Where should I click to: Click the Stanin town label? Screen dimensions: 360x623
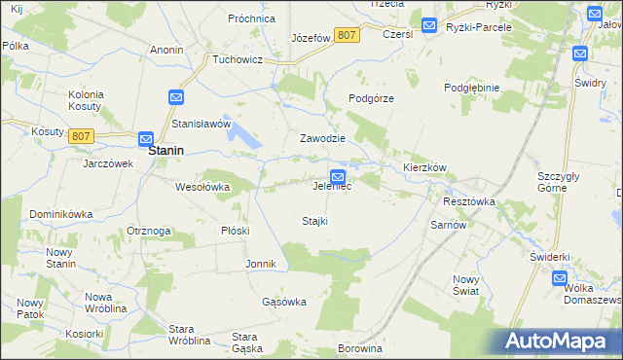click(x=167, y=152)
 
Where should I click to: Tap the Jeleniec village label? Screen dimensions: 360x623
click(x=331, y=187)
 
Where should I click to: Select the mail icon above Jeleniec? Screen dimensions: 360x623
click(x=337, y=176)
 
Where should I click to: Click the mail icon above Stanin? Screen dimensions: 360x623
click(x=146, y=139)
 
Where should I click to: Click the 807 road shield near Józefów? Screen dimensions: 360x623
click(x=346, y=35)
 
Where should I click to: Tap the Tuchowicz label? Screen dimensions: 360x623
click(x=238, y=58)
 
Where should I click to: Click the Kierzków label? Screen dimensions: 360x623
click(x=424, y=167)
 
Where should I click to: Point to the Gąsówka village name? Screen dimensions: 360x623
click(x=284, y=302)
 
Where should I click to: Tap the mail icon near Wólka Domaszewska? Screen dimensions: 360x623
click(x=560, y=278)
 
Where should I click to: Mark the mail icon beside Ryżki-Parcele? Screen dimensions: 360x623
click(x=429, y=25)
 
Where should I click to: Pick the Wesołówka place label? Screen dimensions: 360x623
click(x=202, y=187)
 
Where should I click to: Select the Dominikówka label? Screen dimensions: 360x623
click(x=60, y=213)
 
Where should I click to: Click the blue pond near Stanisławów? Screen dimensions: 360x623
click(x=245, y=140)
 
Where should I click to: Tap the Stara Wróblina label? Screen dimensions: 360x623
click(x=190, y=335)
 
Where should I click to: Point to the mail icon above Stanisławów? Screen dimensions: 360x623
click(x=175, y=97)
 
